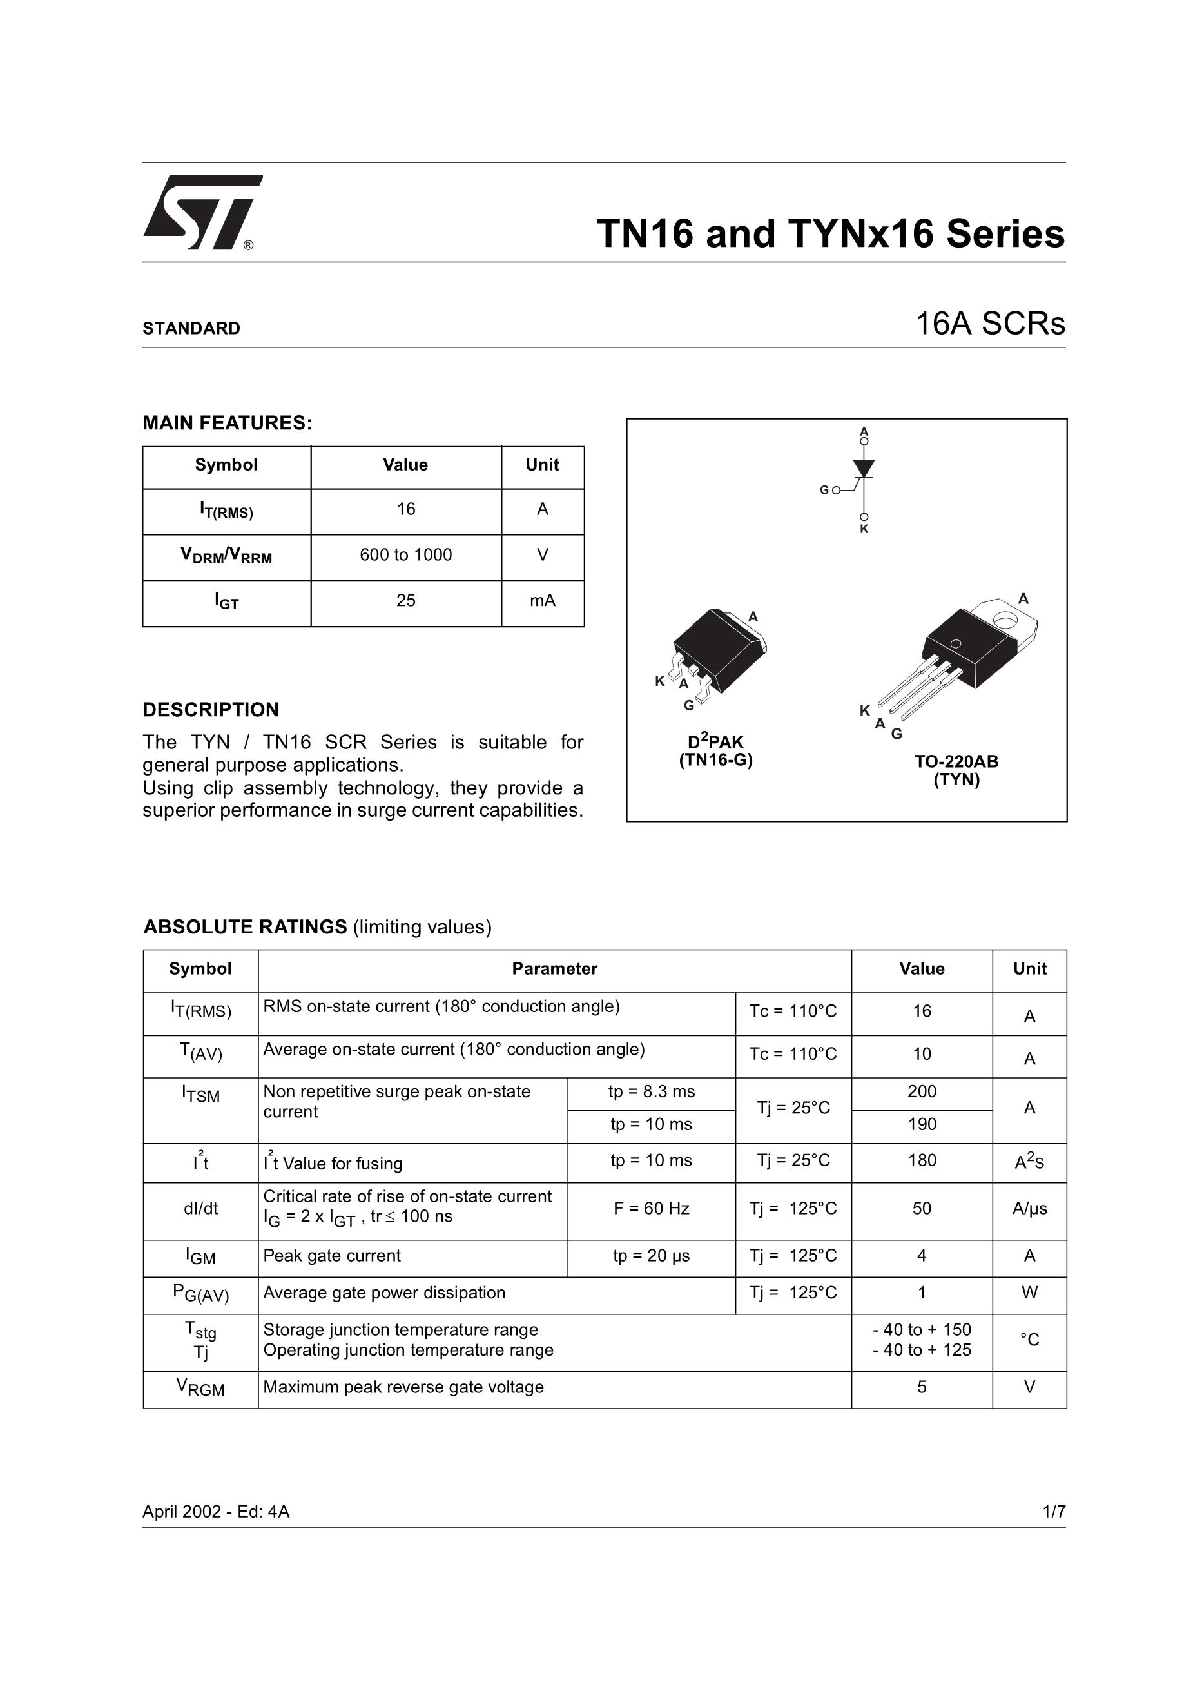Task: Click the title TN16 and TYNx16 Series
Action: click(829, 233)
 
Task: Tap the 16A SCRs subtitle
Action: click(989, 324)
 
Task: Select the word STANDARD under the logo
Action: click(191, 328)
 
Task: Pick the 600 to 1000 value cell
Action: click(405, 556)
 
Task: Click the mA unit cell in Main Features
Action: click(542, 601)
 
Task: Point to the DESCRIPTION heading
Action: click(210, 710)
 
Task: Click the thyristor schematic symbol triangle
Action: click(864, 468)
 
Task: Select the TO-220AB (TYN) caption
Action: click(956, 770)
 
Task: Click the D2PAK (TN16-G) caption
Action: click(715, 750)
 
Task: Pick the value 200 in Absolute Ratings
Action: click(922, 1091)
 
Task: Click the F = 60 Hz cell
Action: click(651, 1209)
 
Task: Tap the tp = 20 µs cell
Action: click(651, 1256)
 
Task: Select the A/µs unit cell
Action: click(1029, 1209)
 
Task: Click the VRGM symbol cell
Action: click(200, 1387)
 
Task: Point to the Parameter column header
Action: click(554, 969)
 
